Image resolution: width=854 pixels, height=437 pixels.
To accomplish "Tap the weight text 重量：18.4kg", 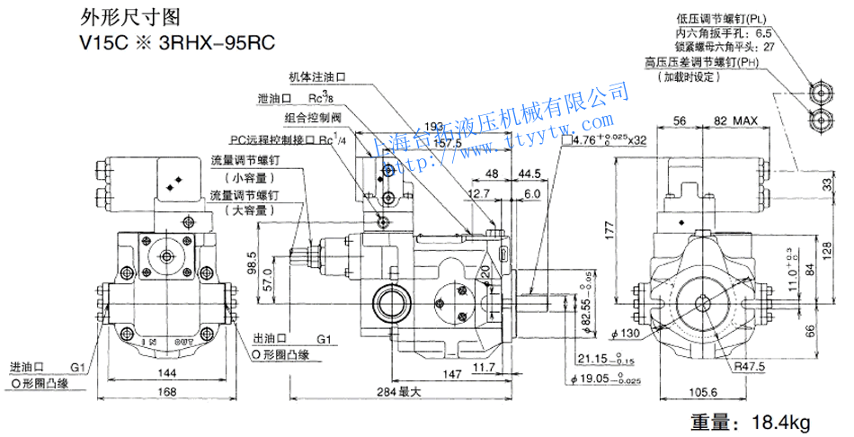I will pos(750,421).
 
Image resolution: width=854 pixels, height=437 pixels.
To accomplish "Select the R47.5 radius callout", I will pos(748,367).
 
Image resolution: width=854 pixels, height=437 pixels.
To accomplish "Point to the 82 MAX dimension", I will pos(736,120).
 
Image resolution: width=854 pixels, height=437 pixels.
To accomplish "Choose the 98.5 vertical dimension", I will pos(253,262).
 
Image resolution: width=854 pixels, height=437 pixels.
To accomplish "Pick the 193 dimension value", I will pos(433,128).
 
